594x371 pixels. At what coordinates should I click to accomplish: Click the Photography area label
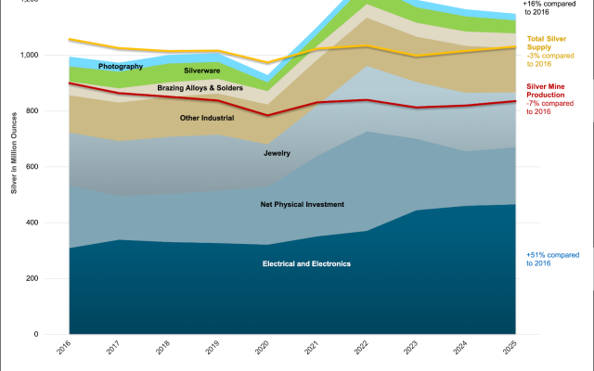coord(121,67)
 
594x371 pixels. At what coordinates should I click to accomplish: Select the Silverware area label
coord(202,70)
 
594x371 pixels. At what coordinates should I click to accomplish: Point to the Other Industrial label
coord(207,118)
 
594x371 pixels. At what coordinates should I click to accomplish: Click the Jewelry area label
coord(278,152)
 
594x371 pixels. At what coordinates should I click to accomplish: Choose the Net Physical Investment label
coord(302,204)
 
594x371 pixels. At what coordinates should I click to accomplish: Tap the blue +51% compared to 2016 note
coord(552,259)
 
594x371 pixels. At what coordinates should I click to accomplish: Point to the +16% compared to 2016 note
coord(555,8)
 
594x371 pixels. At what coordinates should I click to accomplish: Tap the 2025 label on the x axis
coord(515,352)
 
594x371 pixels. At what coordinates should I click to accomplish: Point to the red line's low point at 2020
coord(267,116)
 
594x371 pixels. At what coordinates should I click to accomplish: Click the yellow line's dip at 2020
coord(267,63)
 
